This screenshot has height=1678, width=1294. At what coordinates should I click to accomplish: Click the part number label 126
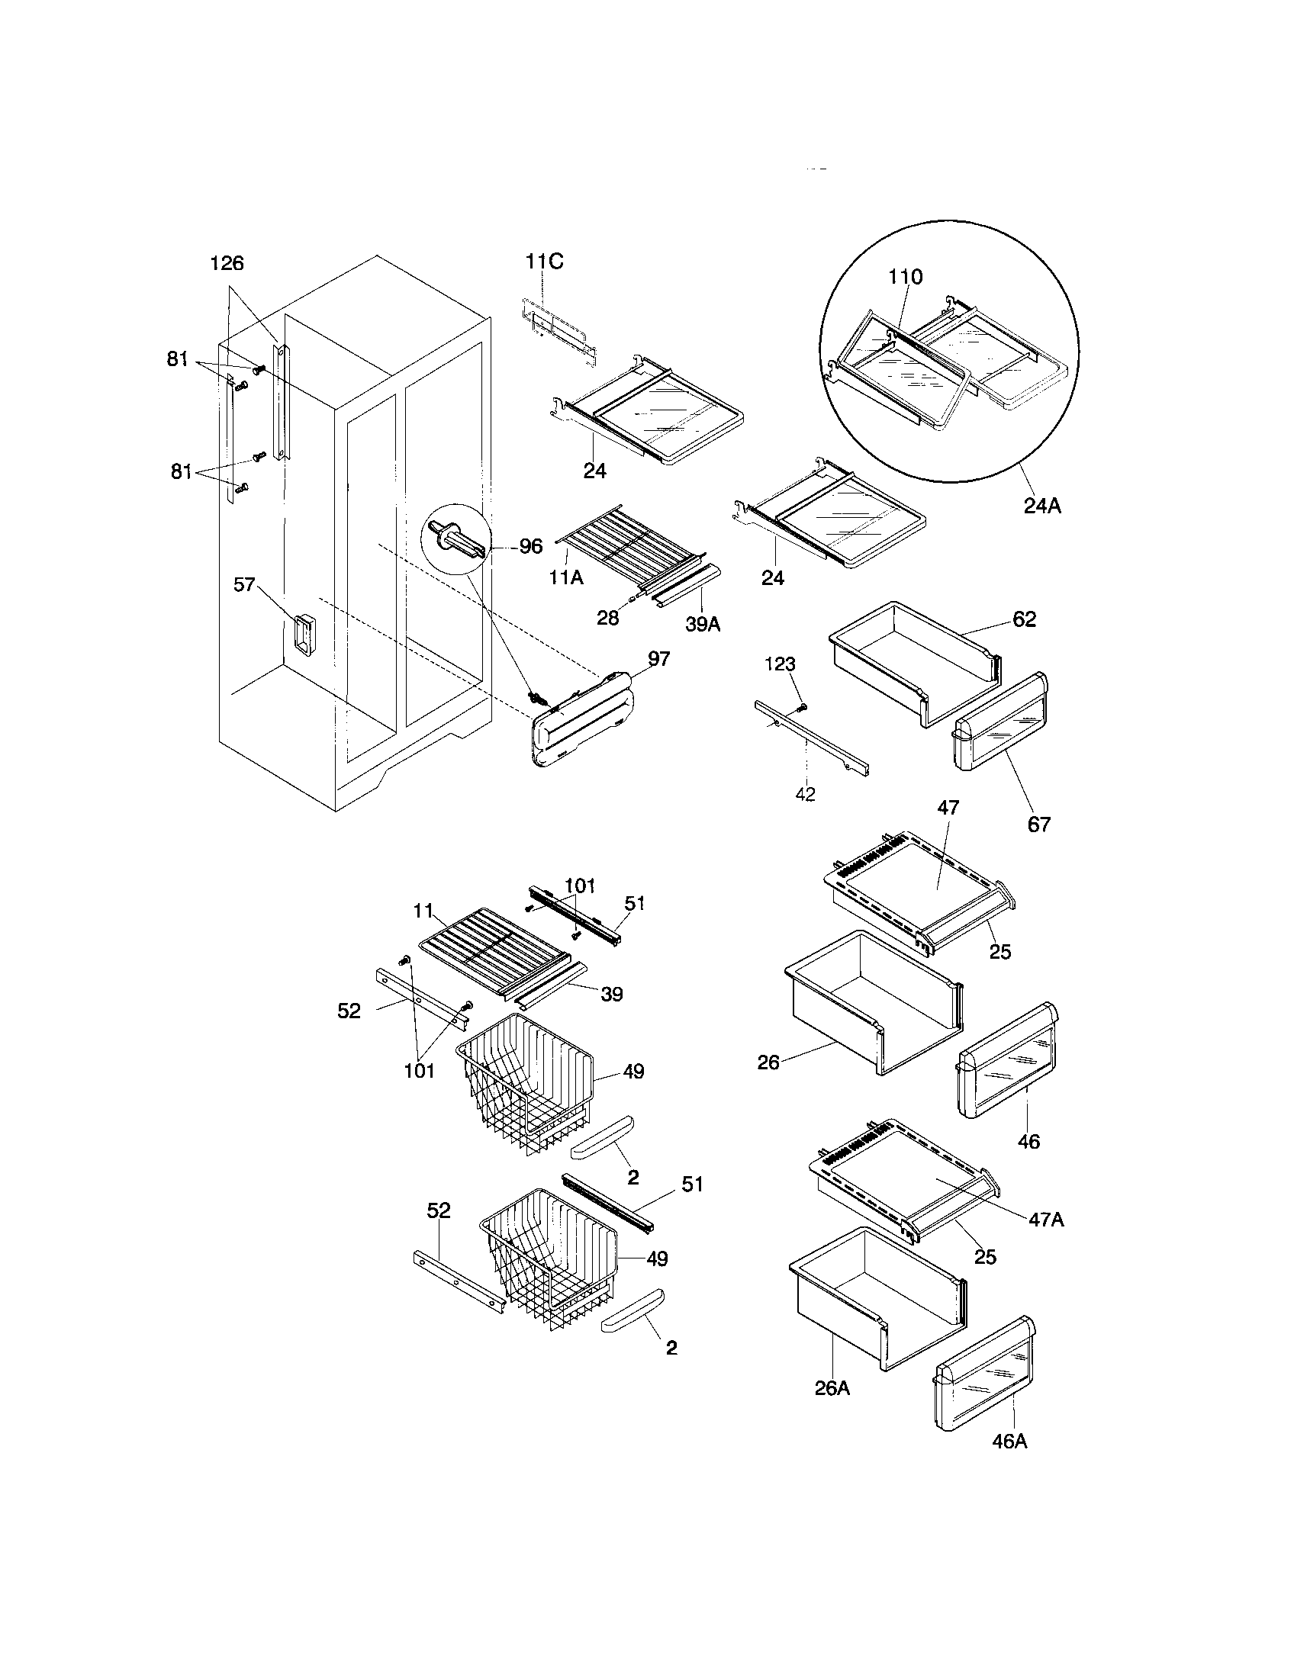coord(227,264)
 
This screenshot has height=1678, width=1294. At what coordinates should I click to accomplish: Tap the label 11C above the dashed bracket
coord(544,261)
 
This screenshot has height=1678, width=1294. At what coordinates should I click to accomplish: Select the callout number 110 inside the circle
coord(905,277)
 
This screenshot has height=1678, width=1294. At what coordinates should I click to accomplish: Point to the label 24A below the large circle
coord(1042,506)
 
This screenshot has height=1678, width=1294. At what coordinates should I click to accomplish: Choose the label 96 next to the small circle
coord(530,547)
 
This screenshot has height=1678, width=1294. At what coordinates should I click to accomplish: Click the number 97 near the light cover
coord(658,658)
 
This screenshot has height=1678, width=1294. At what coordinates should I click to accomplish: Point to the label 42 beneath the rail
coord(804,795)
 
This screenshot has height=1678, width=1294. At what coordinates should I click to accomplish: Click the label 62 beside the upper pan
coord(1024,619)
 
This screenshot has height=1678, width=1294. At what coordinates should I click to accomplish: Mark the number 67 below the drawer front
coord(1039,825)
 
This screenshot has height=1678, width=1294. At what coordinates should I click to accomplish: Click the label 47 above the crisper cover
coord(948,808)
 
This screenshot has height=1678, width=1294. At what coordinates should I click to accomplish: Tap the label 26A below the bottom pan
coord(832,1388)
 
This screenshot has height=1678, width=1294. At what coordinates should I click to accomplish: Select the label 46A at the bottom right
coord(1009,1442)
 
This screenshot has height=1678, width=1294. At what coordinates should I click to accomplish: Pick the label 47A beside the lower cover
coord(1046,1220)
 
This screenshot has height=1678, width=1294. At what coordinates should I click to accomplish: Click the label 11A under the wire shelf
coord(565,577)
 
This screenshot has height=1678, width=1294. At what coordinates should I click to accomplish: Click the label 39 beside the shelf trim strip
coord(612,994)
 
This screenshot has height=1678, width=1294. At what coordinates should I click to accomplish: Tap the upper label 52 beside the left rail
coord(349,1011)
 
